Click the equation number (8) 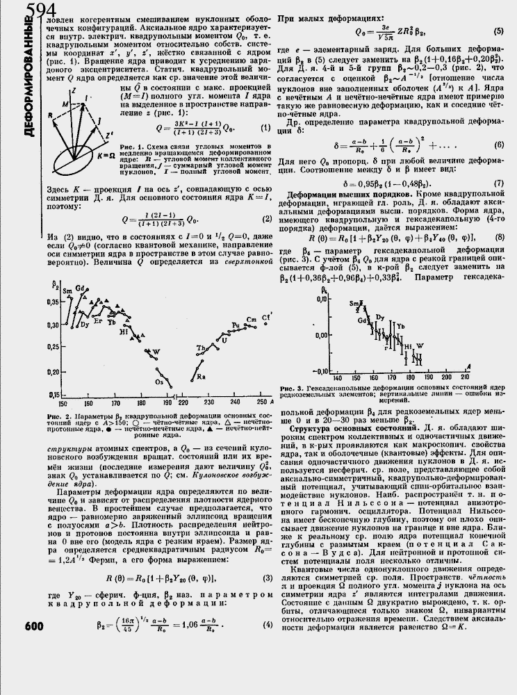coord(499,238)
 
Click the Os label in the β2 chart coord(159,382)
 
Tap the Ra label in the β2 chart coord(201,376)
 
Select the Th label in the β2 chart coord(200,347)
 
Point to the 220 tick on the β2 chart coord(184,403)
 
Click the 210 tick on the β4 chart coord(464,376)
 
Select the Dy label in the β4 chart coord(379,317)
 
